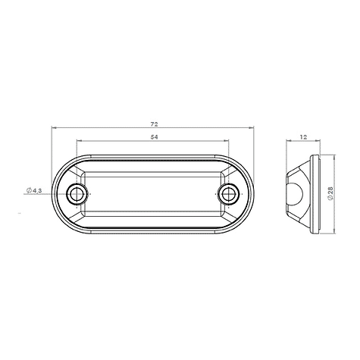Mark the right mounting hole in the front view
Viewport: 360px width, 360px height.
click(x=228, y=194)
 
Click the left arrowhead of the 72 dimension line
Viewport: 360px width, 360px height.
click(x=54, y=127)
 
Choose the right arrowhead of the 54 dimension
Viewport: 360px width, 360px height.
click(x=227, y=142)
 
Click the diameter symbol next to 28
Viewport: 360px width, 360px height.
click(x=331, y=199)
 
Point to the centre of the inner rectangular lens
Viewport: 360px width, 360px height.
click(x=152, y=194)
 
